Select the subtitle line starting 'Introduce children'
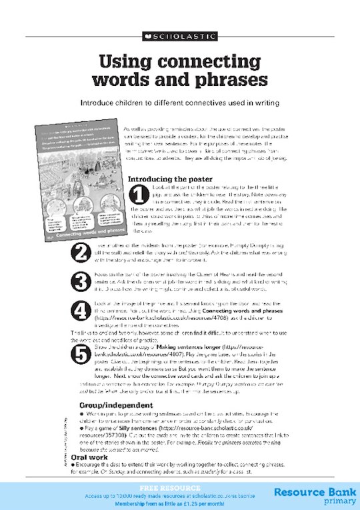(x=179, y=104)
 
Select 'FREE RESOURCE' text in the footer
(x=157, y=487)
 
